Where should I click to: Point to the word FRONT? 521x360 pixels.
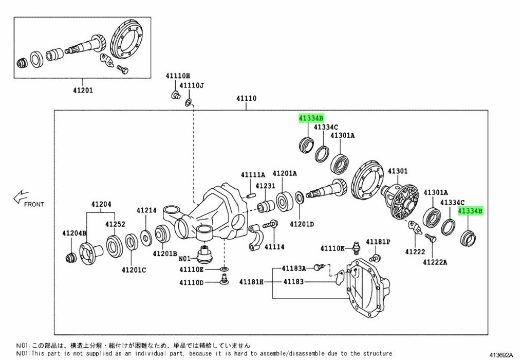[34, 204]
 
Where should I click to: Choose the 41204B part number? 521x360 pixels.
[75, 233]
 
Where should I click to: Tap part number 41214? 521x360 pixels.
[146, 210]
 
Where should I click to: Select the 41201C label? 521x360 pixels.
[134, 270]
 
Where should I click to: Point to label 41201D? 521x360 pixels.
[302, 224]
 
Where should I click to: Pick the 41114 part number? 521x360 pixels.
[274, 247]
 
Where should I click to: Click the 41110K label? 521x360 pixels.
[333, 248]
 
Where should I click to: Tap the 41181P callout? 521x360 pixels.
[378, 242]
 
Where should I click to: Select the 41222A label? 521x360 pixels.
[435, 262]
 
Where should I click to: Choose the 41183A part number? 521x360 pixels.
[294, 268]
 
